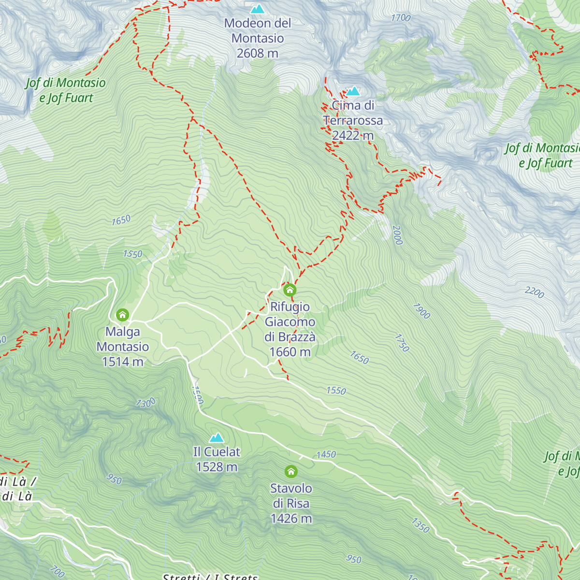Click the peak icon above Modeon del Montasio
point(258,9)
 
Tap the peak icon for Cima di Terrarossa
point(353,91)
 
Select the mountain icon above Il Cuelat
point(217,438)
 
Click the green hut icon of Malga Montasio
point(123,315)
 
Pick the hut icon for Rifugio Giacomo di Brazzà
point(290,290)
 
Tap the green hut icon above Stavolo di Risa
point(291,471)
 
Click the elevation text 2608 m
point(257,53)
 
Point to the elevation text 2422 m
point(353,135)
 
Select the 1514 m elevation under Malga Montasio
point(123,362)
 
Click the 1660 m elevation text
point(290,352)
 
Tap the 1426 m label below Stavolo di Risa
point(291,519)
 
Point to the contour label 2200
point(535,292)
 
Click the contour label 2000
point(397,235)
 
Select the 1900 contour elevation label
point(421,311)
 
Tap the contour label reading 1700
point(401,18)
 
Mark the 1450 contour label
point(326,454)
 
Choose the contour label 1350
point(420,525)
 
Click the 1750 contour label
point(402,343)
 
